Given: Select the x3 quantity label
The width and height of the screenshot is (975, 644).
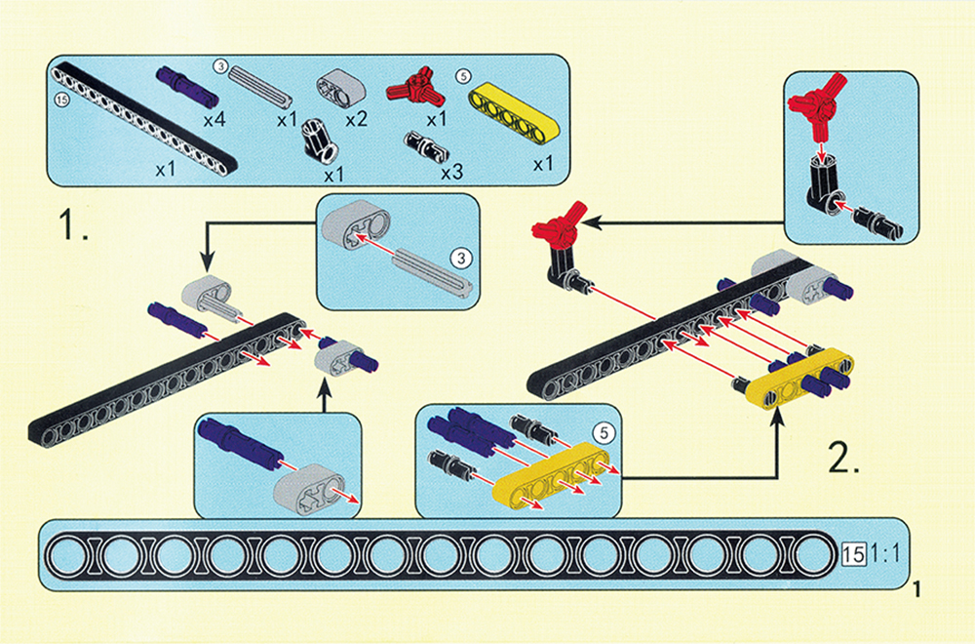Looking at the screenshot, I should [x=450, y=172].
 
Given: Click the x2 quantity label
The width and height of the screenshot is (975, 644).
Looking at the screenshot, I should [x=355, y=120].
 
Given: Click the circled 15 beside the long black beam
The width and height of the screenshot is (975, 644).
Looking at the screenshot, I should [x=63, y=101].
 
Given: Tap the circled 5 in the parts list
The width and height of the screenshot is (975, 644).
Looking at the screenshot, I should [x=462, y=74].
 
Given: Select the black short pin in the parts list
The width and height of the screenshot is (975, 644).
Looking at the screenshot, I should [x=427, y=148].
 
